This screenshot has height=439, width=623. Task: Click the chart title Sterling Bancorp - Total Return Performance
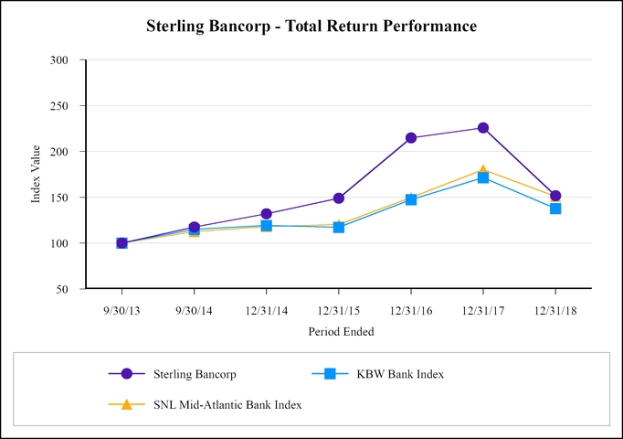(311, 27)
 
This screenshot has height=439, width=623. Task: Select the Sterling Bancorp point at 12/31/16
(411, 138)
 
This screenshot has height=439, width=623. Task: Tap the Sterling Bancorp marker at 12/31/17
(483, 128)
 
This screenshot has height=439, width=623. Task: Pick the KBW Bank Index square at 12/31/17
(483, 177)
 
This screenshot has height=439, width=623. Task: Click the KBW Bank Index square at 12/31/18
(555, 209)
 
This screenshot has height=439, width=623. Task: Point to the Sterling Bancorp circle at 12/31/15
(339, 198)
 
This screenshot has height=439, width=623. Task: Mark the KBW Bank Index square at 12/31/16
(411, 199)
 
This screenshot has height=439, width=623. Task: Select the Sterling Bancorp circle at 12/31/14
(266, 214)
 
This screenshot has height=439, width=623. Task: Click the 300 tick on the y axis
(69, 60)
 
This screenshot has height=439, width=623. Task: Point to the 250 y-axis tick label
(69, 106)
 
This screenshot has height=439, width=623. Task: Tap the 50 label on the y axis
(71, 289)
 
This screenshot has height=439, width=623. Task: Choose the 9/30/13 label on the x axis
(121, 310)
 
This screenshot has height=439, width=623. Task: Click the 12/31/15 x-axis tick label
(339, 310)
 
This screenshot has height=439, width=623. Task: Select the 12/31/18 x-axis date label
(555, 310)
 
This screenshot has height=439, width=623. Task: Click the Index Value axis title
(37, 175)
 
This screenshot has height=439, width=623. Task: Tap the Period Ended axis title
(339, 331)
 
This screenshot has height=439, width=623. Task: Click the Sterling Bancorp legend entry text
(195, 374)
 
